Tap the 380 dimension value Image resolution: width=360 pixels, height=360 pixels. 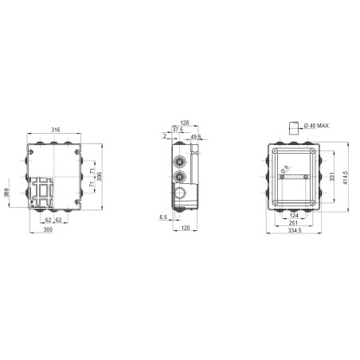coord(7,194)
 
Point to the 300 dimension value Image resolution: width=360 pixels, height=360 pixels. coord(49,229)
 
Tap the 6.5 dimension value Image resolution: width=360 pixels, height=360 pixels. coord(163,216)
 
